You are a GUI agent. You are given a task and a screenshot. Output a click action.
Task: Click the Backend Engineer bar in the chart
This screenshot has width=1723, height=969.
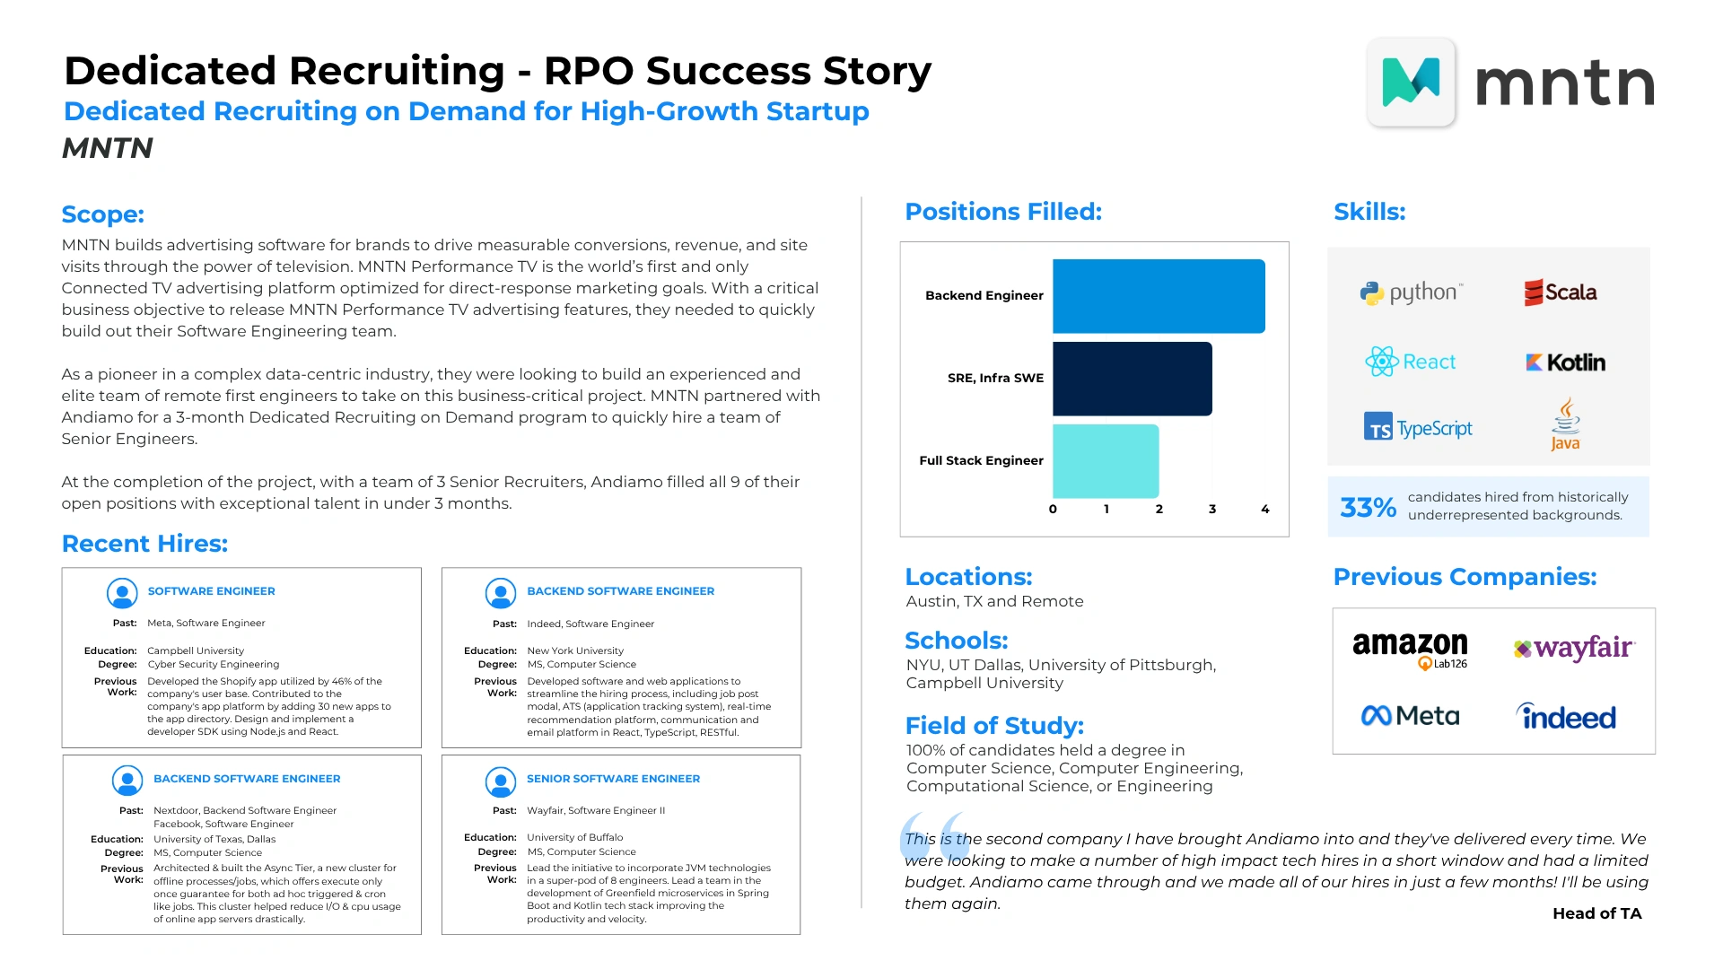coord(1159,296)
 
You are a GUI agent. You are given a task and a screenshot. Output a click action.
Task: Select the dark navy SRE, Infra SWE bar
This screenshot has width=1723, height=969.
coord(1133,379)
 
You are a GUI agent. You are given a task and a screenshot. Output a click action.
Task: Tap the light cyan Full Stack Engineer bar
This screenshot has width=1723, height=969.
coord(1106,461)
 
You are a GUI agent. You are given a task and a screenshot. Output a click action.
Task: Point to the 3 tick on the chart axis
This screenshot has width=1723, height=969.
coord(1212,509)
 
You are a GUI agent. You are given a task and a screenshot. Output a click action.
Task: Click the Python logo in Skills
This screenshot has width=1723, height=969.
coord(1412,292)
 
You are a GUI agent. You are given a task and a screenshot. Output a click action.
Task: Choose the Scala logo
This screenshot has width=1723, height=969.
coord(1561,292)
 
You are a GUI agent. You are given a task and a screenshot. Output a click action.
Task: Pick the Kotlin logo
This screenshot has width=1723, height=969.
coord(1566,362)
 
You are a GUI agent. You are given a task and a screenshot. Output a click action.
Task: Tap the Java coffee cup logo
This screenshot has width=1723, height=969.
coord(1566,424)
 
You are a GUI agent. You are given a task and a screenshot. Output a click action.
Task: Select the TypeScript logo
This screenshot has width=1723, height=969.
coord(1418,427)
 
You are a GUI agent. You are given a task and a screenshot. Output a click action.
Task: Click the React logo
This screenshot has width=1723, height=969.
coord(1411,362)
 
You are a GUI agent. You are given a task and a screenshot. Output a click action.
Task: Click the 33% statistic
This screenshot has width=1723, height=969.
coord(1368,508)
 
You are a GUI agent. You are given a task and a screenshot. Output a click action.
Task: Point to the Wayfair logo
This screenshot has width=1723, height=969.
coord(1574,648)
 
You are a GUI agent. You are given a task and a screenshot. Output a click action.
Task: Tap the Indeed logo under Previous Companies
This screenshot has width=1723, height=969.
coord(1566,716)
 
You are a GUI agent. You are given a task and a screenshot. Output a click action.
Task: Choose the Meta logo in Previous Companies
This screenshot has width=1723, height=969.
coord(1411,716)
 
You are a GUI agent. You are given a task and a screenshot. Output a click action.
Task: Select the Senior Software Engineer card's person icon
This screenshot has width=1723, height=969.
coord(501,782)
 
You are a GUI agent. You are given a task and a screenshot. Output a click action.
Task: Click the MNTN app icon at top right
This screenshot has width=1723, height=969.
coord(1412,82)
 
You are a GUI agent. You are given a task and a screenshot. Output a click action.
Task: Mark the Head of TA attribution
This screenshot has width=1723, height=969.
coord(1597,913)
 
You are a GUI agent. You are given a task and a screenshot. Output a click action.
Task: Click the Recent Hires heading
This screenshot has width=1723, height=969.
coord(145,544)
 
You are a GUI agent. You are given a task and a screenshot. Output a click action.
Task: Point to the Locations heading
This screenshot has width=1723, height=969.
coord(969,577)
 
